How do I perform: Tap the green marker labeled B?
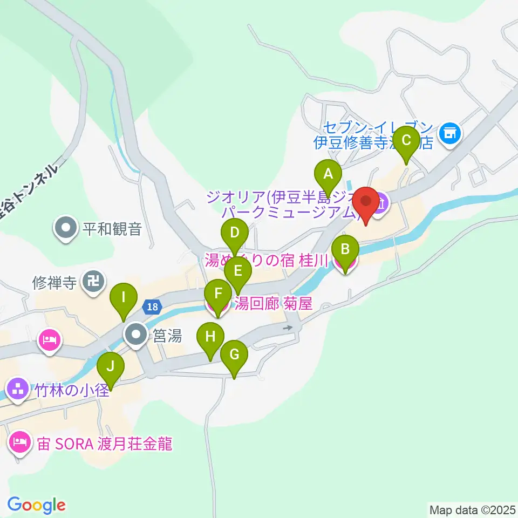tap(345, 249)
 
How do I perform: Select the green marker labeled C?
tap(406, 141)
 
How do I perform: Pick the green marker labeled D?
tap(234, 233)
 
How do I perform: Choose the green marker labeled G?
tap(234, 355)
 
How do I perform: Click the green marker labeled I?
tap(124, 297)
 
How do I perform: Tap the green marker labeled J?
tap(111, 367)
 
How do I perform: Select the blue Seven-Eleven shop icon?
tap(449, 132)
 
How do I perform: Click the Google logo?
tap(37, 505)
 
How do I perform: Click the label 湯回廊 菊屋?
tap(272, 304)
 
